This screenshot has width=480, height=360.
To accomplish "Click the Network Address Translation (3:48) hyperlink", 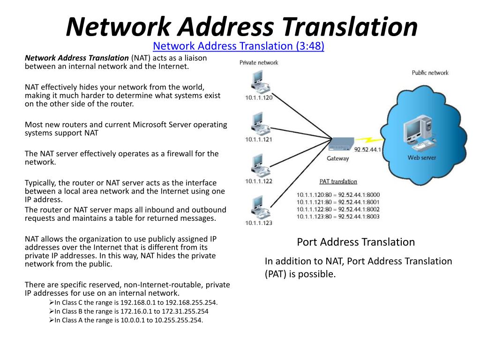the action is (239, 46).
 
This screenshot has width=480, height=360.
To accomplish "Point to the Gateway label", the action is (337, 158).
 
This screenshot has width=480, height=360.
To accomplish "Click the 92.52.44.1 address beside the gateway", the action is (367, 150).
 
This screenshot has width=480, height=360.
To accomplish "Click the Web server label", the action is (421, 157).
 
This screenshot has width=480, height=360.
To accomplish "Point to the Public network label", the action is (430, 73).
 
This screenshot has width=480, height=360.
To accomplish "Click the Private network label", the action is (259, 62).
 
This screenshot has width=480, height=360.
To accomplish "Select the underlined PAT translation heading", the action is (338, 181).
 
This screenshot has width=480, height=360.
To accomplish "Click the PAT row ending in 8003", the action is (338, 217).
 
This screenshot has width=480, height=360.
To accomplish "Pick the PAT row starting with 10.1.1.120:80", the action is (338, 195).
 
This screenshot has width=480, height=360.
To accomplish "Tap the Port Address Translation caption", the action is (356, 242).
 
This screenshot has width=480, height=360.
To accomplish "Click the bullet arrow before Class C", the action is (52, 302).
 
